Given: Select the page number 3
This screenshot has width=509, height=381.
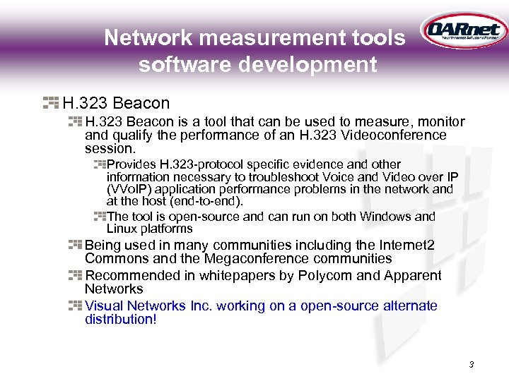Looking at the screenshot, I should [x=471, y=365].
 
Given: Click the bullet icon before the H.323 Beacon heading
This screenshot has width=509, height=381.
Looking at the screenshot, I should [x=50, y=103].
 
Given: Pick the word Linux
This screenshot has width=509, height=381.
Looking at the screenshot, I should [x=123, y=229].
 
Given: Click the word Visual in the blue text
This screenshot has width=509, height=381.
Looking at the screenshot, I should [x=104, y=306].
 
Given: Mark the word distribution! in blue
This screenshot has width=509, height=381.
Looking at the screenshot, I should [x=120, y=320].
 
